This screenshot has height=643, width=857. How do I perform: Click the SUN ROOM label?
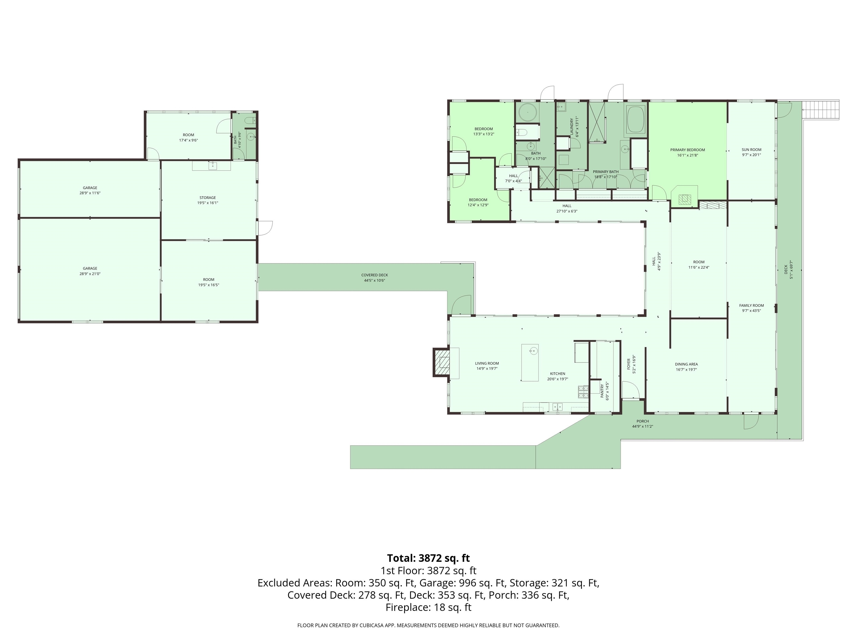pyautogui.click(x=751, y=150)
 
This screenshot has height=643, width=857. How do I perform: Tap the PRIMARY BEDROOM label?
pyautogui.click(x=688, y=150)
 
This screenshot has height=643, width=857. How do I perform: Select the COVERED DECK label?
pyautogui.click(x=375, y=275)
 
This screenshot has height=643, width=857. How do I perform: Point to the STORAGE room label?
pyautogui.click(x=208, y=198)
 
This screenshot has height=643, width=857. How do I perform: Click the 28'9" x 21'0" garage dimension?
pyautogui.click(x=90, y=273)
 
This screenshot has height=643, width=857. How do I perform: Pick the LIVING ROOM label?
pyautogui.click(x=487, y=364)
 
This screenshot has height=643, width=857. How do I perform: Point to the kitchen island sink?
pyautogui.click(x=533, y=351)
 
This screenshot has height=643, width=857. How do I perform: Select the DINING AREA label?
pyautogui.click(x=687, y=364)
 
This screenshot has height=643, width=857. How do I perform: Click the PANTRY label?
pyautogui.click(x=602, y=391)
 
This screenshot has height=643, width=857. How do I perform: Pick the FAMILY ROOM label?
pyautogui.click(x=752, y=305)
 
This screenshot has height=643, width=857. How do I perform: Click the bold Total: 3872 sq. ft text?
pyautogui.click(x=428, y=558)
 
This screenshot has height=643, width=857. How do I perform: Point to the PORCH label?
pyautogui.click(x=642, y=421)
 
